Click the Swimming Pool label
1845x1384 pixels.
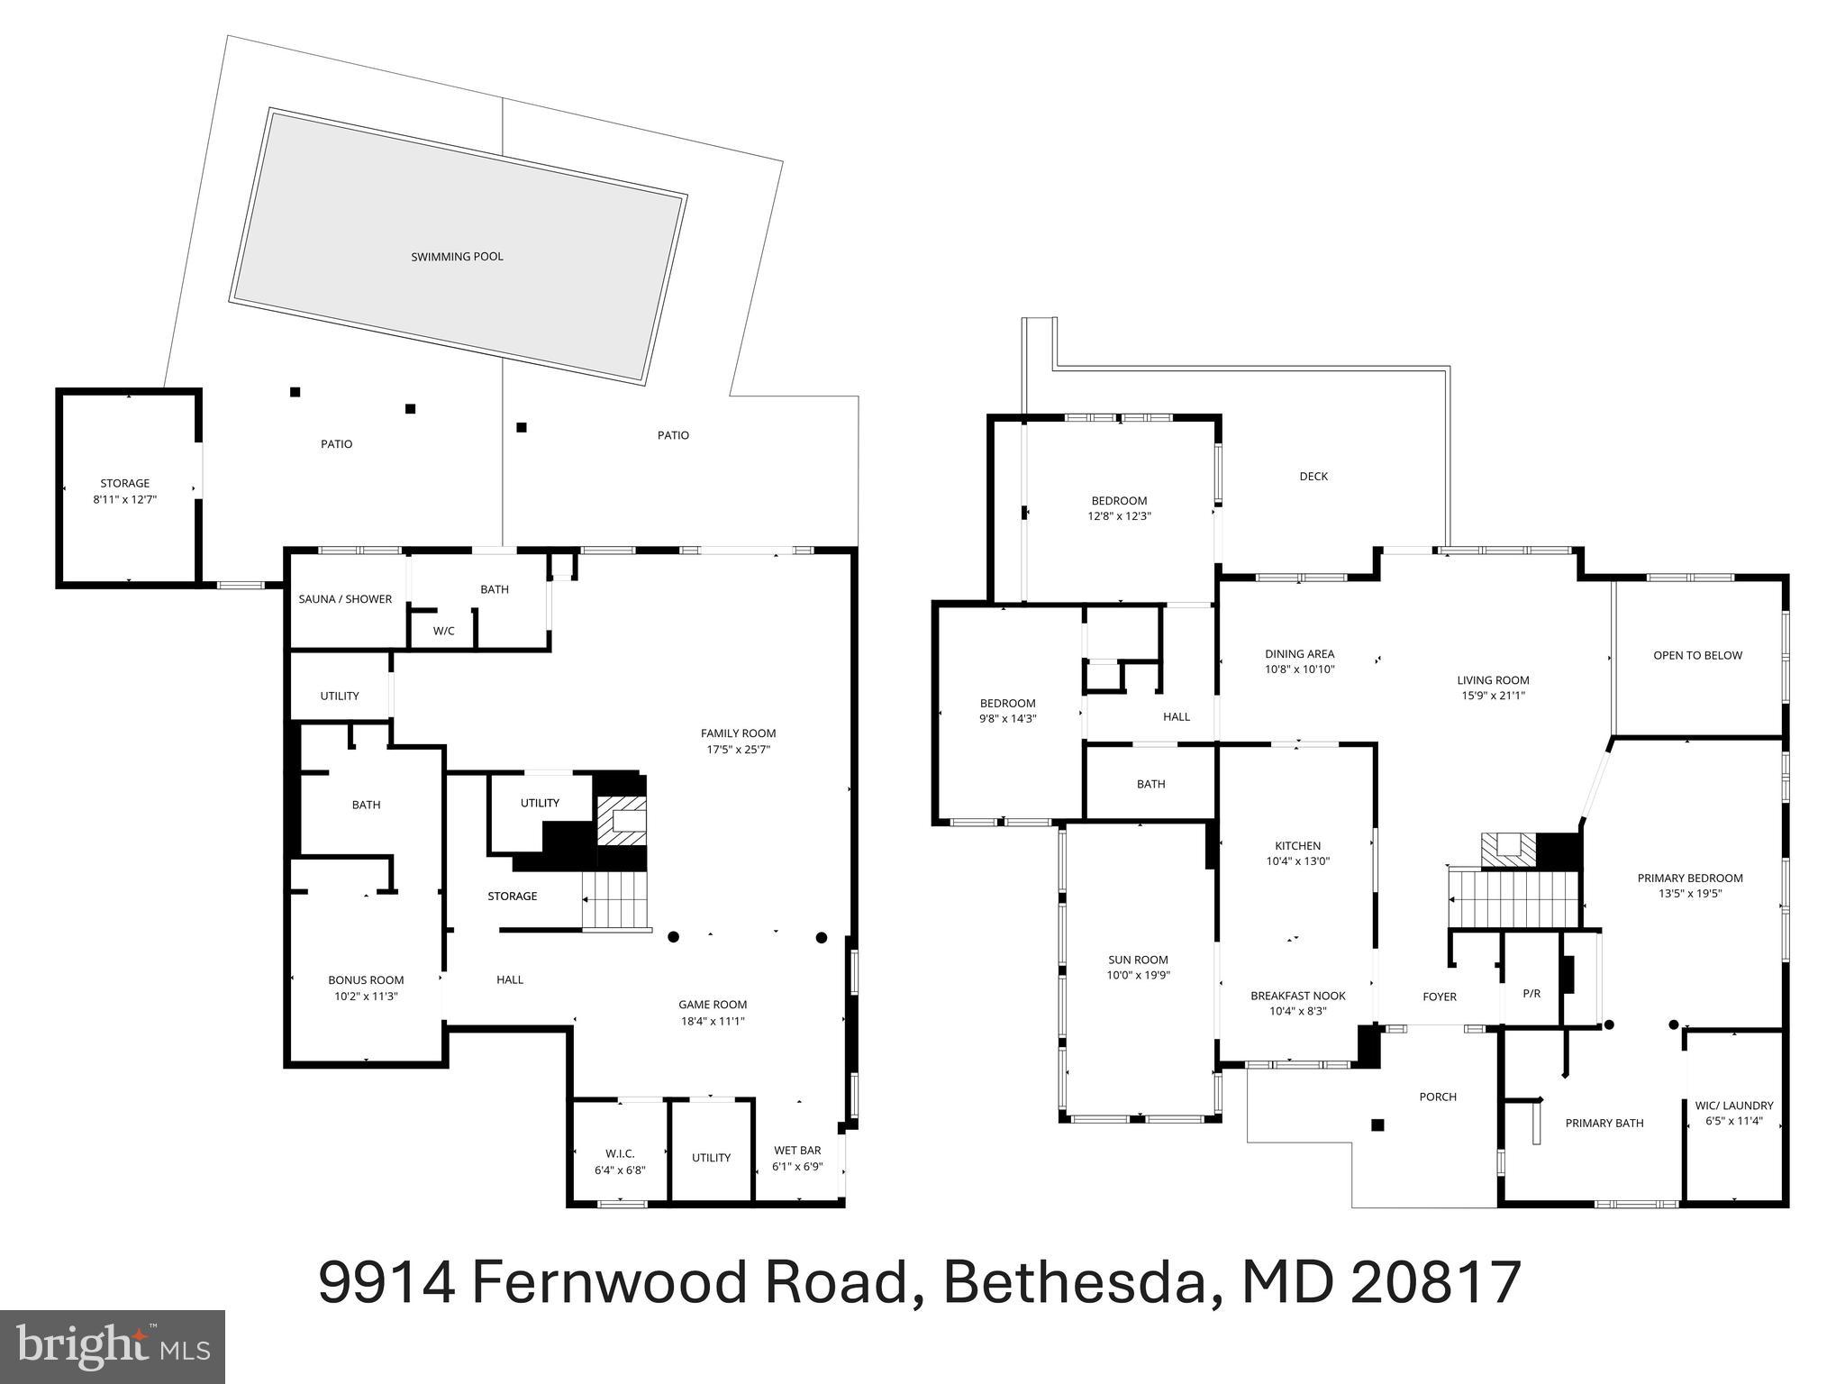click(x=457, y=257)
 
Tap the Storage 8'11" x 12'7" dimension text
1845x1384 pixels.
click(x=125, y=499)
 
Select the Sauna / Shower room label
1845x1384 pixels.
click(x=345, y=599)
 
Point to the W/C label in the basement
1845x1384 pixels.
click(x=443, y=632)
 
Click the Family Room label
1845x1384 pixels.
click(x=738, y=733)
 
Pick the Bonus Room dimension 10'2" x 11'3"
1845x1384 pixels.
click(x=366, y=997)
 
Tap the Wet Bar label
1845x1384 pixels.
click(x=797, y=1151)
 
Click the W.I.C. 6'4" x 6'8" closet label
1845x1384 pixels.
click(x=620, y=1154)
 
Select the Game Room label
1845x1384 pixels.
click(x=713, y=1005)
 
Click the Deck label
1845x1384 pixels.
click(x=1313, y=477)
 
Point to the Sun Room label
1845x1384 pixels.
click(x=1138, y=960)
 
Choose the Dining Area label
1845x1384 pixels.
click(x=1299, y=654)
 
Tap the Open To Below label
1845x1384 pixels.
click(x=1697, y=656)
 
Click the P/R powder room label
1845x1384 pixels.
click(x=1531, y=994)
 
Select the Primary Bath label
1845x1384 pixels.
click(x=1604, y=1124)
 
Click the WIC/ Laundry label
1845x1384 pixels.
click(x=1733, y=1106)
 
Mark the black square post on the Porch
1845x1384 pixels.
click(x=1377, y=1124)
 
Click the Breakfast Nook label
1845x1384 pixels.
click(x=1297, y=996)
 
